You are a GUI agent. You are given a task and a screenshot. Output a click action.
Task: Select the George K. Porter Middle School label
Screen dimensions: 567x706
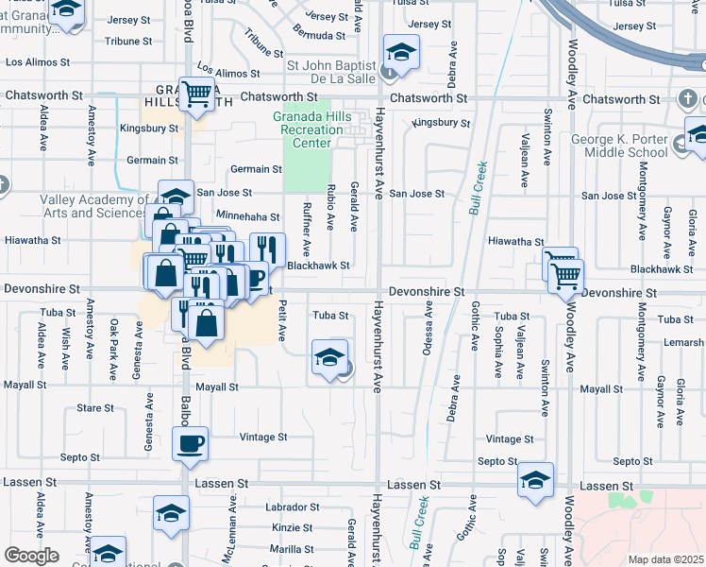coord(620,146)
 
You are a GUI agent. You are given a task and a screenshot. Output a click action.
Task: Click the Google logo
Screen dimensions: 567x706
coord(31,555)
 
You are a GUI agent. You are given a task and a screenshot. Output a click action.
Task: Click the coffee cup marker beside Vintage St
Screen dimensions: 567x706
coord(190,443)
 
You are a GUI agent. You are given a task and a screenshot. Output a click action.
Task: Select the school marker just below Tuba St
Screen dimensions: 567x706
coord(328,359)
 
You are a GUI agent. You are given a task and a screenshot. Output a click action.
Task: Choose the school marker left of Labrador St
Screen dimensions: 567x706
coord(172,512)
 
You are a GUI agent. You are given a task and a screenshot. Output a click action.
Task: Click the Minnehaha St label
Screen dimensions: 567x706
coord(248,216)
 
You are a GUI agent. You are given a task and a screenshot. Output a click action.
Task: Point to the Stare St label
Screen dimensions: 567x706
coord(95,408)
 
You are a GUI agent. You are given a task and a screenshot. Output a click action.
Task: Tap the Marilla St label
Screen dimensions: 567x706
coord(292,549)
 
